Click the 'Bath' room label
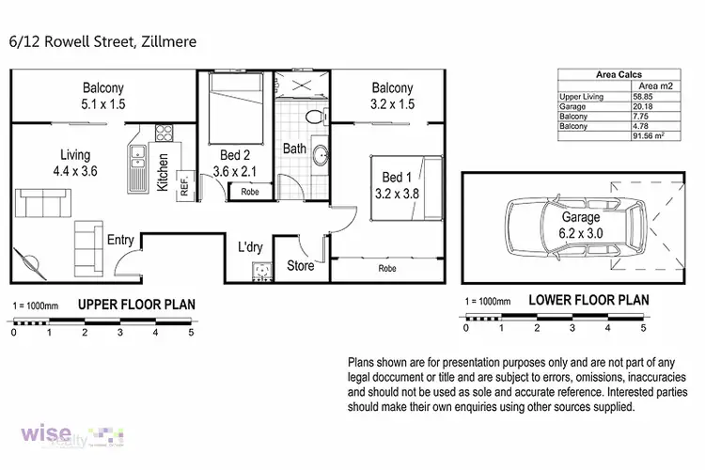tap(294, 149)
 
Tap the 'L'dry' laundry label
tap(250, 247)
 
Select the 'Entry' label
tap(119, 240)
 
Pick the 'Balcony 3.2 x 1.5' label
tap(391, 96)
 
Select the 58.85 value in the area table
tap(643, 96)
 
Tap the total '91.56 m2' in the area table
tap(650, 137)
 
